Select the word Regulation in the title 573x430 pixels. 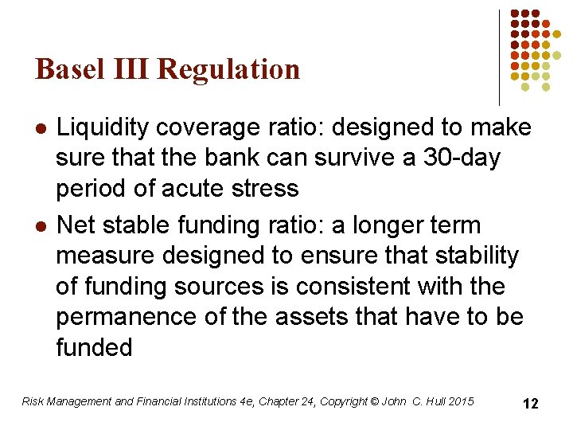pos(229,69)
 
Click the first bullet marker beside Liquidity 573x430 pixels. pos(41,127)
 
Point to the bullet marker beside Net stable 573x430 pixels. pos(41,226)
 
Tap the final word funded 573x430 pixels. pos(94,348)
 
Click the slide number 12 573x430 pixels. pos(530,404)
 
